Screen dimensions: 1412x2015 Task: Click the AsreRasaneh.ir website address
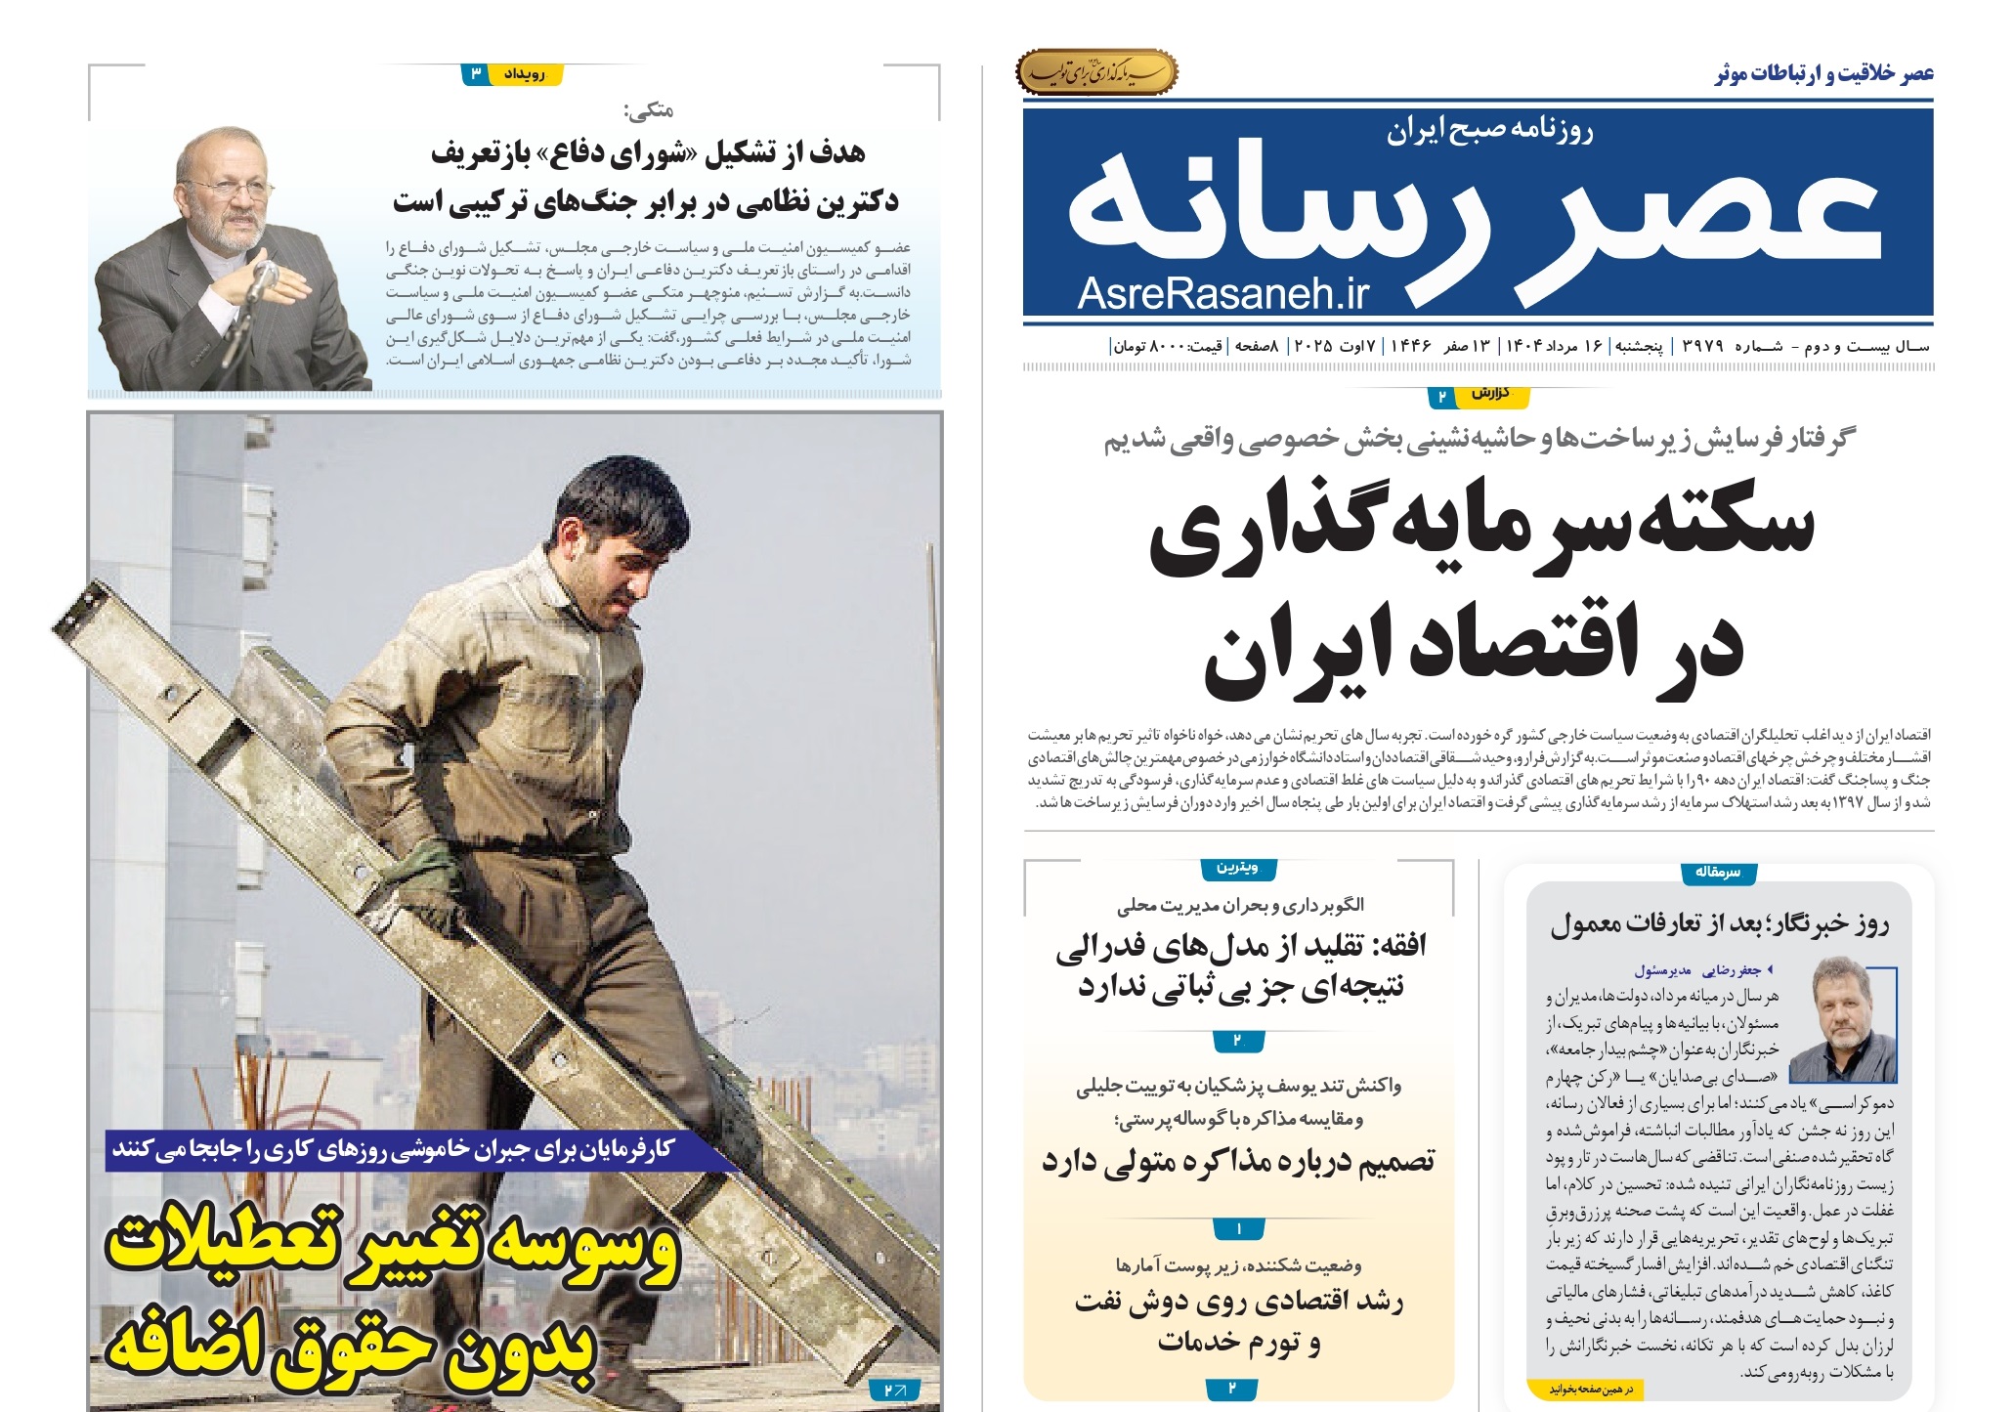point(1222,293)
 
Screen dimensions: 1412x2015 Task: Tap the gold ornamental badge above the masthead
point(1096,73)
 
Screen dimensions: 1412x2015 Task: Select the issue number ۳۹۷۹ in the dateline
point(1702,346)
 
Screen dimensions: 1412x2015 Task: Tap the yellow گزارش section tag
point(1491,394)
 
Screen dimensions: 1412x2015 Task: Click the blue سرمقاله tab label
point(1717,872)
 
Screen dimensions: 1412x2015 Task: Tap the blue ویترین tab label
point(1237,868)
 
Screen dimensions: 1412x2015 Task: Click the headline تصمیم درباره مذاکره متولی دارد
point(1238,1161)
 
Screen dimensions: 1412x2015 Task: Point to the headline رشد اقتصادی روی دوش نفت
point(1238,1303)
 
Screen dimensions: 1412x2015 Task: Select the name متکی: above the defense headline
point(649,110)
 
